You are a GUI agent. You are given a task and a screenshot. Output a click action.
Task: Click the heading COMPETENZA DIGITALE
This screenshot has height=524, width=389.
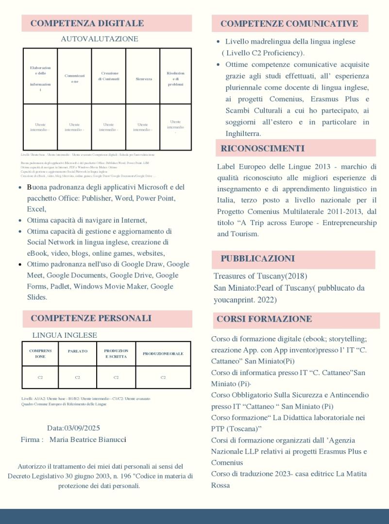(x=87, y=23)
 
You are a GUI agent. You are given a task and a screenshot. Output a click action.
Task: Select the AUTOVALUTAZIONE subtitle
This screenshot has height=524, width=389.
(x=99, y=39)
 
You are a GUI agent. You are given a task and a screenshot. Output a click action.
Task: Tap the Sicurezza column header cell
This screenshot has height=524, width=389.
(x=143, y=79)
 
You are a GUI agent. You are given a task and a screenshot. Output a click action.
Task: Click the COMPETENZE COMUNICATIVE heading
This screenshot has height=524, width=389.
(x=289, y=23)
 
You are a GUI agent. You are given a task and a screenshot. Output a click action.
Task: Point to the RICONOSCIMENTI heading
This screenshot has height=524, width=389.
(x=262, y=148)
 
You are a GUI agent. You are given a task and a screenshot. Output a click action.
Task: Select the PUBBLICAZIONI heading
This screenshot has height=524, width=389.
(x=257, y=259)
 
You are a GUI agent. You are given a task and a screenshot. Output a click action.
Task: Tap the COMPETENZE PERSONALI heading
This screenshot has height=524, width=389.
(x=91, y=318)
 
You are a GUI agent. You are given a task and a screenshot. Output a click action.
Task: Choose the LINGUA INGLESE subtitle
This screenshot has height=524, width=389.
(x=65, y=335)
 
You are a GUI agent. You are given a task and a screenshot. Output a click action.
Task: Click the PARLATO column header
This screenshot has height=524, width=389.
(x=78, y=351)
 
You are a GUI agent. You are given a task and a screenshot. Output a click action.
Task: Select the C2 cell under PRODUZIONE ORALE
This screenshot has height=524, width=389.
(x=163, y=377)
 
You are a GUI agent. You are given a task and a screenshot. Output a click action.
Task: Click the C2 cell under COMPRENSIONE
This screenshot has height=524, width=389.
(x=40, y=377)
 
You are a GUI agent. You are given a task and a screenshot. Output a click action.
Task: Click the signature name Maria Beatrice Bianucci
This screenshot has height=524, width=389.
(x=88, y=440)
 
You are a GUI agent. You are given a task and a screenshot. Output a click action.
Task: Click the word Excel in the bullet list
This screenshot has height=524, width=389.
(x=36, y=209)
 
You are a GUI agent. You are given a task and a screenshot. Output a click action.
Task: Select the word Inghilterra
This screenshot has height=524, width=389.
(x=243, y=133)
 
